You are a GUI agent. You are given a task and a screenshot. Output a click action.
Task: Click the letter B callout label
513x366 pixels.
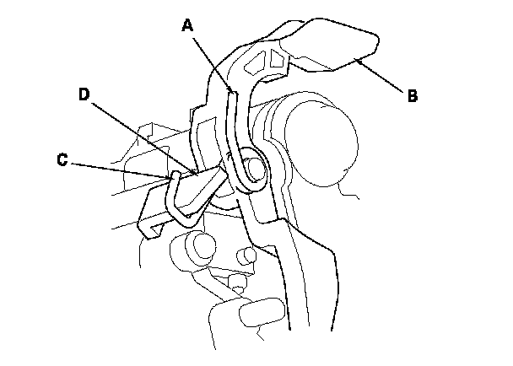tap(412, 95)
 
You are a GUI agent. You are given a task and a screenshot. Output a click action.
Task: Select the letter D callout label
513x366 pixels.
tap(84, 94)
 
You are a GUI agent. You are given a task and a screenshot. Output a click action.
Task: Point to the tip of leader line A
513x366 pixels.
tap(232, 91)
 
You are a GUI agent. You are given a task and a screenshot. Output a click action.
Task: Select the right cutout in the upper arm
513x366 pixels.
tap(277, 59)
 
